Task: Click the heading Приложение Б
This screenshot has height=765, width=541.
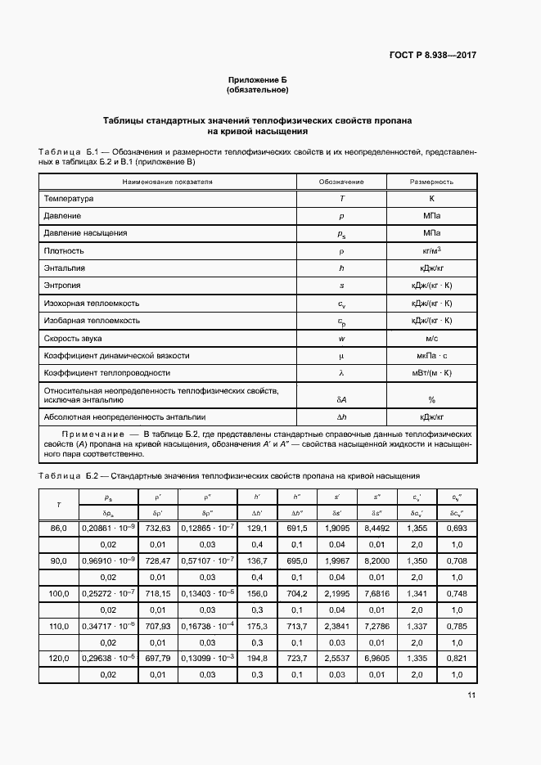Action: [258, 80]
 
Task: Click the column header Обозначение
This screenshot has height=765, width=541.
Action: [341, 182]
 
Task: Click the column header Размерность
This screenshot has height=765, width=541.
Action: [431, 182]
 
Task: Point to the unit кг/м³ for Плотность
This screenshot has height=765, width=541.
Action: [431, 250]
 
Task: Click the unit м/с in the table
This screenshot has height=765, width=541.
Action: [431, 338]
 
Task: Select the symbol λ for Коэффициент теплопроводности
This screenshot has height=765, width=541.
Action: [341, 373]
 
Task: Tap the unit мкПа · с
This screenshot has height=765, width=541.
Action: [431, 356]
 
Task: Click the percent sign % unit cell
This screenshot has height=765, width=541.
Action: [431, 399]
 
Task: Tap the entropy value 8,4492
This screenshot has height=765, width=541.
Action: [376, 529]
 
